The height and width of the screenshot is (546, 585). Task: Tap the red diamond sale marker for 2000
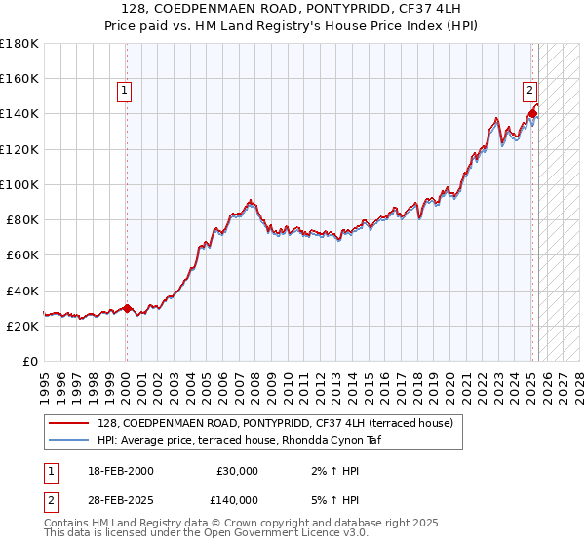click(x=127, y=308)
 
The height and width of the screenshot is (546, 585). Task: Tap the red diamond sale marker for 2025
click(x=532, y=113)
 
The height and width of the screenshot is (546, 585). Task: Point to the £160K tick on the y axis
click(x=19, y=78)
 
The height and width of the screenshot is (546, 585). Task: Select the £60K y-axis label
click(x=22, y=254)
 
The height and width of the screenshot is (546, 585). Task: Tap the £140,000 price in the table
click(x=237, y=499)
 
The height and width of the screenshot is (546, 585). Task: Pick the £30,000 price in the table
click(x=237, y=471)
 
